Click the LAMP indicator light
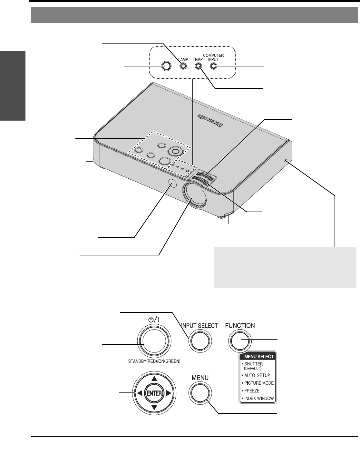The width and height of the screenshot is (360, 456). tap(183, 66)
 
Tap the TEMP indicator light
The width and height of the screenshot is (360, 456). tap(198, 66)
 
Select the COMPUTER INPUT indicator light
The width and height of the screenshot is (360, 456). tap(213, 66)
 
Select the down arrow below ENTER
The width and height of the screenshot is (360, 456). tap(154, 408)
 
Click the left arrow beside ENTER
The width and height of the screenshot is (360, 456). tap(139, 393)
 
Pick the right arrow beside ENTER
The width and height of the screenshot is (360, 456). tap(169, 393)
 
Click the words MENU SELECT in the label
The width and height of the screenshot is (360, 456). tap(259, 356)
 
